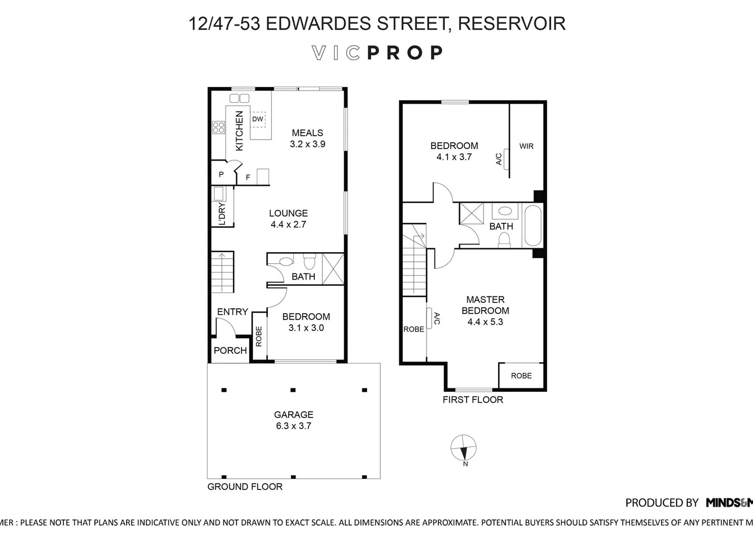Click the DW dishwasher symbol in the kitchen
coord(258,119)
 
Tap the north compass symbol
coord(464,448)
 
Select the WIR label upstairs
coord(526,146)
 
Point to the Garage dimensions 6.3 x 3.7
coord(293,426)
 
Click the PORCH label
coord(230,350)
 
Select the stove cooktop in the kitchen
coord(219,127)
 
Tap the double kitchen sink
coord(239,98)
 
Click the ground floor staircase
coord(222,272)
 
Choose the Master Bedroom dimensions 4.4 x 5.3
coord(485,322)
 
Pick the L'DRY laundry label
coord(222,213)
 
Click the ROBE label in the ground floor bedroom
coord(259,337)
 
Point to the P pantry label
coord(221,175)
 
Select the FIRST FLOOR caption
coord(473,400)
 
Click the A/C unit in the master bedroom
coord(430,318)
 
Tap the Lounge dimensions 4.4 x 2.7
coord(288,224)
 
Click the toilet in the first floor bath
coord(504,238)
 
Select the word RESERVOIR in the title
coord(511,23)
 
